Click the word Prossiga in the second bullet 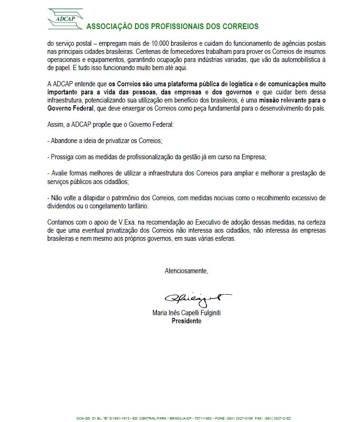pos(62,156)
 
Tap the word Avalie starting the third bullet pos(59,172)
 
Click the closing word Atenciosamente pos(186,271)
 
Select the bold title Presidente pos(186,321)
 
